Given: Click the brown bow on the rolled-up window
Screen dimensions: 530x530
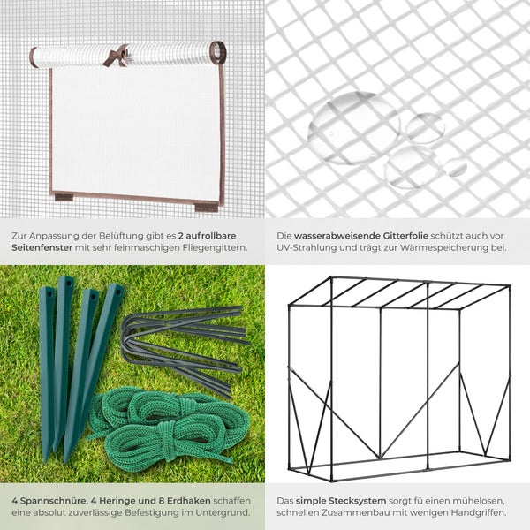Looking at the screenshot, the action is click(116, 55).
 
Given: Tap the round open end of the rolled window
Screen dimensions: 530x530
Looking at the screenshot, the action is click(217, 50).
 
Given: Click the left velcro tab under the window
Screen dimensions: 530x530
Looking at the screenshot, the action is click(64, 197).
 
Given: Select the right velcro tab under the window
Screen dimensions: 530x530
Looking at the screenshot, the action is click(206, 207).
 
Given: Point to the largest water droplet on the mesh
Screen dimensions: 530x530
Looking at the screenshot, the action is click(353, 128).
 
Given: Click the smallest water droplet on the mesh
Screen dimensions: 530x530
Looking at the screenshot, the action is click(455, 167).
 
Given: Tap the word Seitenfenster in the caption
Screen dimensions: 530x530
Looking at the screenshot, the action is click(42, 247).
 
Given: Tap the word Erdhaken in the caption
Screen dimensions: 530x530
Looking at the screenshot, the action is click(189, 501).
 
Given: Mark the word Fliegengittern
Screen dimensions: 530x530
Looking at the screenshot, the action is click(214, 247).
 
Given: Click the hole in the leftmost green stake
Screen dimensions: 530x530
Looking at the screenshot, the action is click(49, 294).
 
